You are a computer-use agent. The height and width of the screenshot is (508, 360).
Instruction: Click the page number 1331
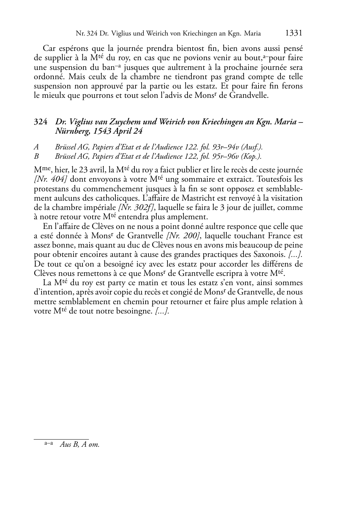point(294,33)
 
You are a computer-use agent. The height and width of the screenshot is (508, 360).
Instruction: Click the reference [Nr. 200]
point(184,236)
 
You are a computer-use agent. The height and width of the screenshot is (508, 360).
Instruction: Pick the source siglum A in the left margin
point(36,147)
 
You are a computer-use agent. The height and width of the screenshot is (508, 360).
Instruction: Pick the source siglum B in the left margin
point(36,156)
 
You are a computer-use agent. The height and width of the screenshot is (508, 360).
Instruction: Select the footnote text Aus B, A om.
point(79,445)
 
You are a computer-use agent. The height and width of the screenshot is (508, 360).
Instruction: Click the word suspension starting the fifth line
point(51,86)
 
